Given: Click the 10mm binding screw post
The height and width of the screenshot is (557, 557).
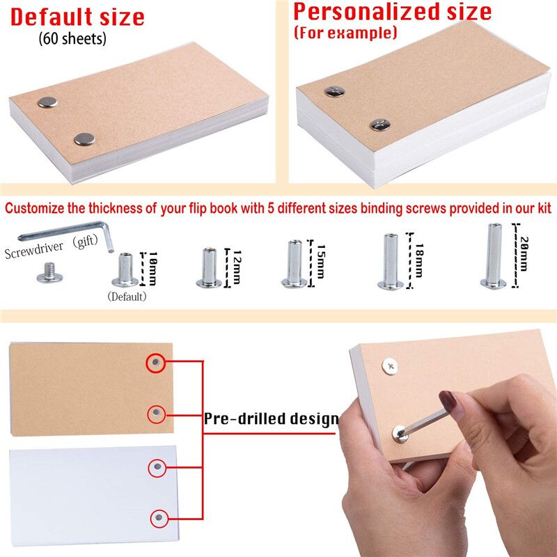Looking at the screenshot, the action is click(125, 270).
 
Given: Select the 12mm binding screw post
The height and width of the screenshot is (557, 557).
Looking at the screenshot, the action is click(209, 268).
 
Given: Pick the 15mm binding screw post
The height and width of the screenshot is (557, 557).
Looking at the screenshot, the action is click(295, 264).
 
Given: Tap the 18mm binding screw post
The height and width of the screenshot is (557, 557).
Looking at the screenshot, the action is click(391, 261).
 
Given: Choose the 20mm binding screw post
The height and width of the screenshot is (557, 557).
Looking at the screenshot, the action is click(494, 256).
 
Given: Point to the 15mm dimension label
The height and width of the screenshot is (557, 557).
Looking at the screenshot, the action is click(321, 262).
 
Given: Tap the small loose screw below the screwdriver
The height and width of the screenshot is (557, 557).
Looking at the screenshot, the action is click(49, 272).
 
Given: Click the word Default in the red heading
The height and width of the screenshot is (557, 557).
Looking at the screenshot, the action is click(52, 17).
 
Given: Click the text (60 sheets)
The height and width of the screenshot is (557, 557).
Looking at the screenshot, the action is click(72, 38).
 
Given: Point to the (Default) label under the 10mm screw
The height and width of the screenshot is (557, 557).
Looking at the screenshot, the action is click(127, 297).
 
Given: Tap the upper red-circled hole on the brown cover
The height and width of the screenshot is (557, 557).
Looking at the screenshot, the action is click(155, 363).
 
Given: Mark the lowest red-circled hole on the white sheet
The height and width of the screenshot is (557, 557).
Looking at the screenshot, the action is click(159, 518).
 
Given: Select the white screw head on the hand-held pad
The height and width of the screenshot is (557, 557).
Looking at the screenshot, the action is click(390, 367).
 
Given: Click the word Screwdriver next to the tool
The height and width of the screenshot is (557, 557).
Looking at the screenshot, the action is click(33, 250).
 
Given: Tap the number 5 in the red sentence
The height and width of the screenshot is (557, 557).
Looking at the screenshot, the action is click(271, 208).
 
